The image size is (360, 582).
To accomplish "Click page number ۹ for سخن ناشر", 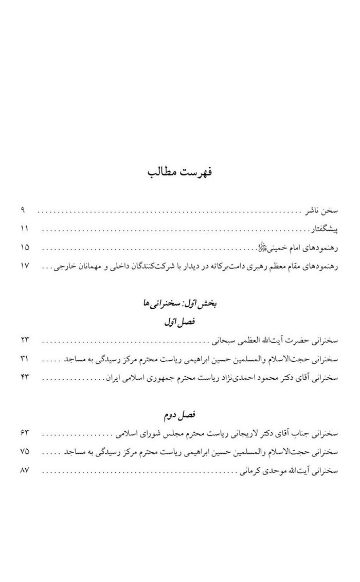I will pyautogui.click(x=23, y=210).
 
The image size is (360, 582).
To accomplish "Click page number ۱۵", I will pyautogui.click(x=25, y=248).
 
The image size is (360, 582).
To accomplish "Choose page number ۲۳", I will pyautogui.click(x=25, y=340).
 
